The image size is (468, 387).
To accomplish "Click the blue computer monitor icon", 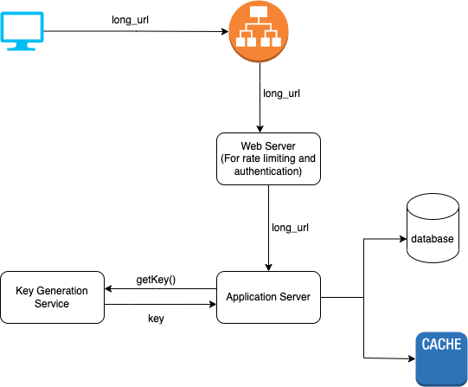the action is tap(22, 31).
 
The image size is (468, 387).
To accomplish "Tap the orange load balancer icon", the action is tap(259, 31).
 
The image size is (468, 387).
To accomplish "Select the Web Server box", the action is tap(268, 158).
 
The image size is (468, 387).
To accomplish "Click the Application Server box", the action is tap(268, 297).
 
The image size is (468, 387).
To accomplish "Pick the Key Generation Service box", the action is tap(52, 297).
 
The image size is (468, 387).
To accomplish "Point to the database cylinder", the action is tap(433, 229).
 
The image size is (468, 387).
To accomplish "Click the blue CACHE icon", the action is tap(441, 359).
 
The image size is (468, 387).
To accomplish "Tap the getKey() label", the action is tap(156, 280).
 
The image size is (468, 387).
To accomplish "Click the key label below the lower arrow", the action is tap(156, 319).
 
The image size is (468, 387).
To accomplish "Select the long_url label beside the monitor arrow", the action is tap(130, 20).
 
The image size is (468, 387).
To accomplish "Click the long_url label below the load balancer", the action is tap(281, 94).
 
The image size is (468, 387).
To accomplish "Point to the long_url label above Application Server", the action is tap(290, 228).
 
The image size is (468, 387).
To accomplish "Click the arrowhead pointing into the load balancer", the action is tap(225, 31).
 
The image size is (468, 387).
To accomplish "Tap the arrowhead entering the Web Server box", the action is tap(260, 129).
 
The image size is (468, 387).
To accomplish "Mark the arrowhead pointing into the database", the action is tap(403, 239).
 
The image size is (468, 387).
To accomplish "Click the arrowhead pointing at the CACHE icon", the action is tap(412, 358).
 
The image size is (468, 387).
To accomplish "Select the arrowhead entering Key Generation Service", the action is tap(108, 289).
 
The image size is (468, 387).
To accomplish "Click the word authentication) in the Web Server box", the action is tap(268, 171).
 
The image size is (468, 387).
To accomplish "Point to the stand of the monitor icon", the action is tap(22, 46).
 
